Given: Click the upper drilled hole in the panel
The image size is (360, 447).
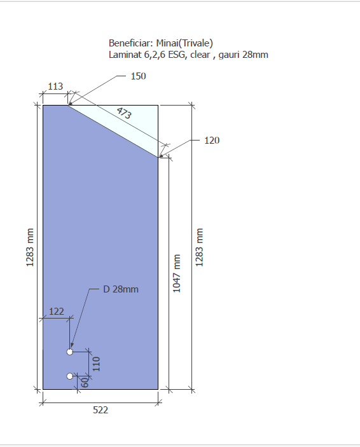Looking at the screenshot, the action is (70, 352).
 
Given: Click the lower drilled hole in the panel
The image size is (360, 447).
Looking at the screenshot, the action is (70, 376).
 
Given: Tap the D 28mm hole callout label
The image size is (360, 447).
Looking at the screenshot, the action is (121, 289).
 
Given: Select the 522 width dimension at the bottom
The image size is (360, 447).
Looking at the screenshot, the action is (100, 410).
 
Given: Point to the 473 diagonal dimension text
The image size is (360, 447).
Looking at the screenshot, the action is (124, 113).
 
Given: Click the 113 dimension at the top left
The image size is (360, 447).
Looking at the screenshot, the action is (55, 86).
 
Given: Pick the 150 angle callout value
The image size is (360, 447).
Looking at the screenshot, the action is (139, 76).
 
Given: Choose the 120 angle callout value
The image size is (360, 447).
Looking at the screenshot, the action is (212, 141).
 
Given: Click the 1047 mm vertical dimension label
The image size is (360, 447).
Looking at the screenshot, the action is (177, 273).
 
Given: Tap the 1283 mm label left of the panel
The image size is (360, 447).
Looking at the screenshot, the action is (30, 247).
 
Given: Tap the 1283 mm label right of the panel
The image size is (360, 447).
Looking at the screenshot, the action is (199, 247).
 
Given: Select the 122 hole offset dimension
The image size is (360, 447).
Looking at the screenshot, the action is (57, 311).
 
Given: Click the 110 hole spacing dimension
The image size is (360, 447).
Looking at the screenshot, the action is (97, 364).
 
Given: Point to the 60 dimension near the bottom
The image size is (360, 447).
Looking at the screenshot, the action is (85, 382).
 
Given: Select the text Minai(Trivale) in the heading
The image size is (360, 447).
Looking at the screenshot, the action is (184, 43).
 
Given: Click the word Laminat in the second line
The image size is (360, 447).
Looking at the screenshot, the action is (125, 55).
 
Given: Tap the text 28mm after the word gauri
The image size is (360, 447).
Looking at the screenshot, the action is (255, 55).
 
